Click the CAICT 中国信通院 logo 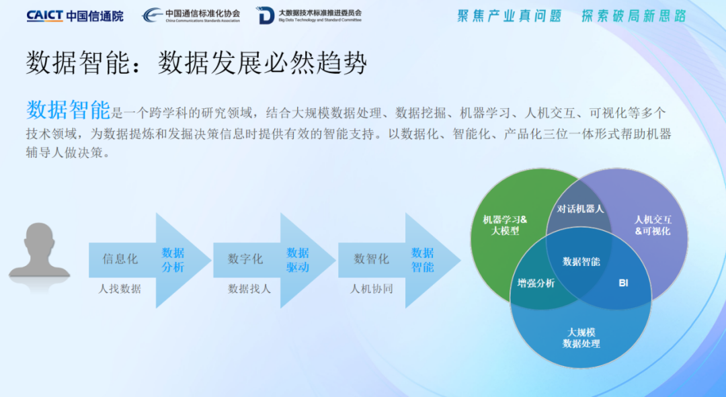pyautogui.click(x=75, y=15)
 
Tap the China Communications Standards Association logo pyautogui.click(x=191, y=15)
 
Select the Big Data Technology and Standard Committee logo pyautogui.click(x=309, y=15)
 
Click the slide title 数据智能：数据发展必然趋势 pyautogui.click(x=196, y=63)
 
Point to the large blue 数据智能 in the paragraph pyautogui.click(x=68, y=110)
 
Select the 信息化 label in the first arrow pyautogui.click(x=120, y=259)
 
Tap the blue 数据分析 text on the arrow pyautogui.click(x=173, y=259)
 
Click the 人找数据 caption pyautogui.click(x=120, y=289)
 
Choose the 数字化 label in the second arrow pyautogui.click(x=245, y=259)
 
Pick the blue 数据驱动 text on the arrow pyautogui.click(x=298, y=259)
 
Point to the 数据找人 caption pyautogui.click(x=249, y=289)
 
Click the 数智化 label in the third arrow pyautogui.click(x=371, y=259)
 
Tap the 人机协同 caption pyautogui.click(x=371, y=289)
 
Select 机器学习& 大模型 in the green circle pyautogui.click(x=505, y=225)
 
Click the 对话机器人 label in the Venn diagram pyautogui.click(x=580, y=209)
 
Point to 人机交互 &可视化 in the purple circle pyautogui.click(x=653, y=225)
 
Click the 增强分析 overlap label pyautogui.click(x=536, y=283)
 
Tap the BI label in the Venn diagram pyautogui.click(x=624, y=283)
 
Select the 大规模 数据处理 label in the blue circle pyautogui.click(x=581, y=338)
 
